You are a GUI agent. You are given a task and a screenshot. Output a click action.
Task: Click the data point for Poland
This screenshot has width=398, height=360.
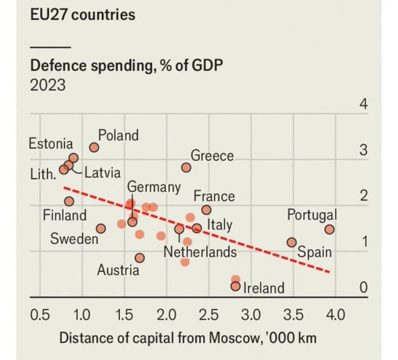point(94,147)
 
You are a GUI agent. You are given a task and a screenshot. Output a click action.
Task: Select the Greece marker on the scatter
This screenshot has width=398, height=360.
point(186,167)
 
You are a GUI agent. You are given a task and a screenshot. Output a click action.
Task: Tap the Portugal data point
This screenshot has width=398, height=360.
point(329,229)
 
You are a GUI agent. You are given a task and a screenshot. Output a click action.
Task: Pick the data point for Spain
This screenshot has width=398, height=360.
point(291,242)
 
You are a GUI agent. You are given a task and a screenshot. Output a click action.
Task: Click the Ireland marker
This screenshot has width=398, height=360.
point(235,286)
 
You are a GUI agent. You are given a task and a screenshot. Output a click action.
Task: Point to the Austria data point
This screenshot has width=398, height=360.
point(139,258)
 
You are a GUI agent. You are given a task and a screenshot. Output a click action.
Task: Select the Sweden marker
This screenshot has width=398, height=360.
point(101,229)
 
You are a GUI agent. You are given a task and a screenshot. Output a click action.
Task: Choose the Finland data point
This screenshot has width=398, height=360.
point(69,201)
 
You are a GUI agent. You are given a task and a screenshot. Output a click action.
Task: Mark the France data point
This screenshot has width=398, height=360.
point(206,210)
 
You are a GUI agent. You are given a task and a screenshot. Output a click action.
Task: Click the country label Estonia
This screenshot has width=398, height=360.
point(51,144)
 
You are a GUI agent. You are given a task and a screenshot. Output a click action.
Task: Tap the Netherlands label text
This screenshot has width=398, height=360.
point(200,251)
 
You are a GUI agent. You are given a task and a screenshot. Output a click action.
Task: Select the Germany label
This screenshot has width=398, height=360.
point(154,187)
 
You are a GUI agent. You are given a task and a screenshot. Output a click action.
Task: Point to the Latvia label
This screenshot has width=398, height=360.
point(102,173)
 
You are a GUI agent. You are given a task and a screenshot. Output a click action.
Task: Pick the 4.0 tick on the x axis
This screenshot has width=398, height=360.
point(336,315)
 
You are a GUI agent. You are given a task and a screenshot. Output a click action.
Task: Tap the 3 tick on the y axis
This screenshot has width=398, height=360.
point(363,151)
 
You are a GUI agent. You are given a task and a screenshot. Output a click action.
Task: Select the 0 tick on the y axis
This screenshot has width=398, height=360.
point(363,288)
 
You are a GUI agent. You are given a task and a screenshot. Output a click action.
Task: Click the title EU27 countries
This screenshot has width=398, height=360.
point(82,15)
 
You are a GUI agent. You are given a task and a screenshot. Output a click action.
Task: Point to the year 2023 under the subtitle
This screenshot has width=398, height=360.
point(48,85)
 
